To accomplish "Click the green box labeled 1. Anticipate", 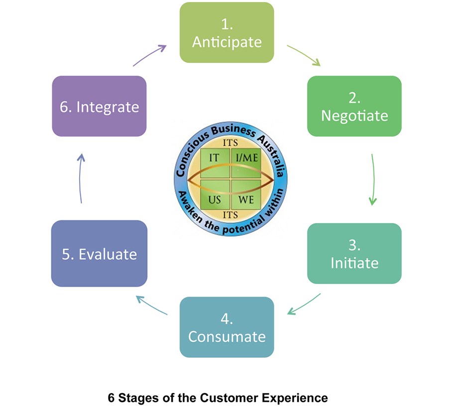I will click(x=227, y=32).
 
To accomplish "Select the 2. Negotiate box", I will click(x=354, y=106).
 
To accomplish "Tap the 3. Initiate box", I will click(x=354, y=253).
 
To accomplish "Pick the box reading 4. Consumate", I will click(x=227, y=327).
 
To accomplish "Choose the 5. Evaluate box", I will click(x=99, y=254).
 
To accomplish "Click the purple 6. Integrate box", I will click(x=99, y=106).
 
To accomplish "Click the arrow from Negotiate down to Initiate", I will click(x=373, y=179).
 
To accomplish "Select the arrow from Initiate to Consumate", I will click(x=304, y=304).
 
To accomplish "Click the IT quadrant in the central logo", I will click(x=215, y=158).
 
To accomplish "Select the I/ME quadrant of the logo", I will click(x=246, y=158).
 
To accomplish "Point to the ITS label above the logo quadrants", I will click(x=230, y=142).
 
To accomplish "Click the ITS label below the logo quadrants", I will click(x=230, y=215).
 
